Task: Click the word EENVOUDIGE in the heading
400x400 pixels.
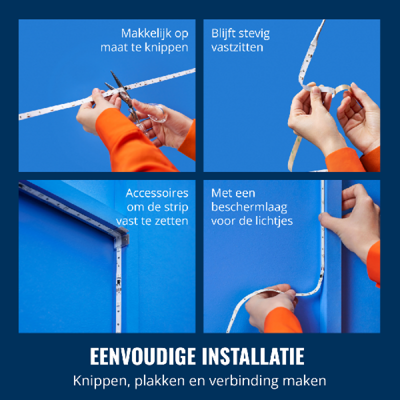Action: [x=143, y=356]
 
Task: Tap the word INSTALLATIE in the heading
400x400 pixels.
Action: [x=253, y=356]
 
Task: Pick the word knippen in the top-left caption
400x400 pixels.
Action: [x=166, y=47]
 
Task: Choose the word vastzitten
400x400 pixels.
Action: [x=237, y=47]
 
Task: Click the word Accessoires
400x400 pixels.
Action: [x=157, y=193]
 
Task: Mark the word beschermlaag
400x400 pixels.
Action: [x=249, y=207]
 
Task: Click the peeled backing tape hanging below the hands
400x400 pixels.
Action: [x=294, y=153]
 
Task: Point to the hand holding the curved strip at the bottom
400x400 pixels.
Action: [x=271, y=305]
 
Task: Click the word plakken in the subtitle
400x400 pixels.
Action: [x=159, y=381]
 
